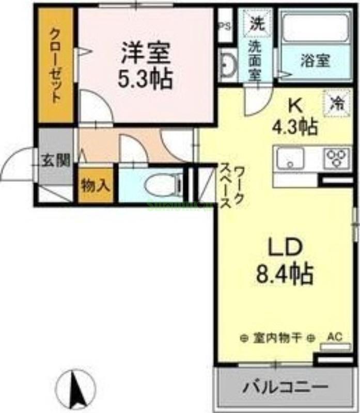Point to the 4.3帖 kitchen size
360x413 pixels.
[295, 127]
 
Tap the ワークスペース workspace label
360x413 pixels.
[233, 187]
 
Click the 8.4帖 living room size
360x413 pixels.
[285, 273]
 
